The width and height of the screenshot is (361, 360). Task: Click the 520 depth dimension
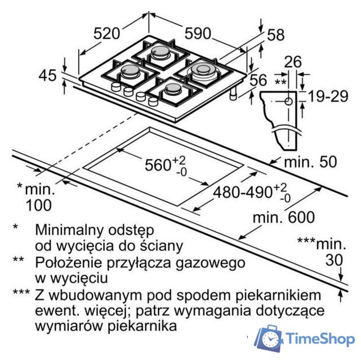tap(107, 33)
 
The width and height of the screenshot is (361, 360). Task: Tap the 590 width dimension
tap(198, 33)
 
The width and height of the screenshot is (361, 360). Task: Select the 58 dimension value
tap(276, 35)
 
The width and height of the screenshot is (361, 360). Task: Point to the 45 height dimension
tap(47, 75)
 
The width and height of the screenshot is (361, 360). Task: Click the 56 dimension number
tap(259, 80)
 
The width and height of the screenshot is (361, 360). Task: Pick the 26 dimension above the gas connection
tap(293, 62)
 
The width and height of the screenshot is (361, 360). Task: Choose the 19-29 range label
tap(328, 96)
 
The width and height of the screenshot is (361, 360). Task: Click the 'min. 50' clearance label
tap(310, 162)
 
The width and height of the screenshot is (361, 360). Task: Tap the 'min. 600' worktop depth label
tap(284, 217)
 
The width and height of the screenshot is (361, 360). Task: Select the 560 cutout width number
tap(158, 165)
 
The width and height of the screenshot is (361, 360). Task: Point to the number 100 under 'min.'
tap(39, 205)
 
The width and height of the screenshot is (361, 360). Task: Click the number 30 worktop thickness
tap(335, 260)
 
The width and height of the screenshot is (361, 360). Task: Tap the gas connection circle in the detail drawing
tap(289, 101)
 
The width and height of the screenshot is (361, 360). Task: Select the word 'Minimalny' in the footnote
tap(69, 230)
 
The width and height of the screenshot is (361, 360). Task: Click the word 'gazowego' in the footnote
tap(210, 263)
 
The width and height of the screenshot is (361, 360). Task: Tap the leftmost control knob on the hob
tap(116, 87)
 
